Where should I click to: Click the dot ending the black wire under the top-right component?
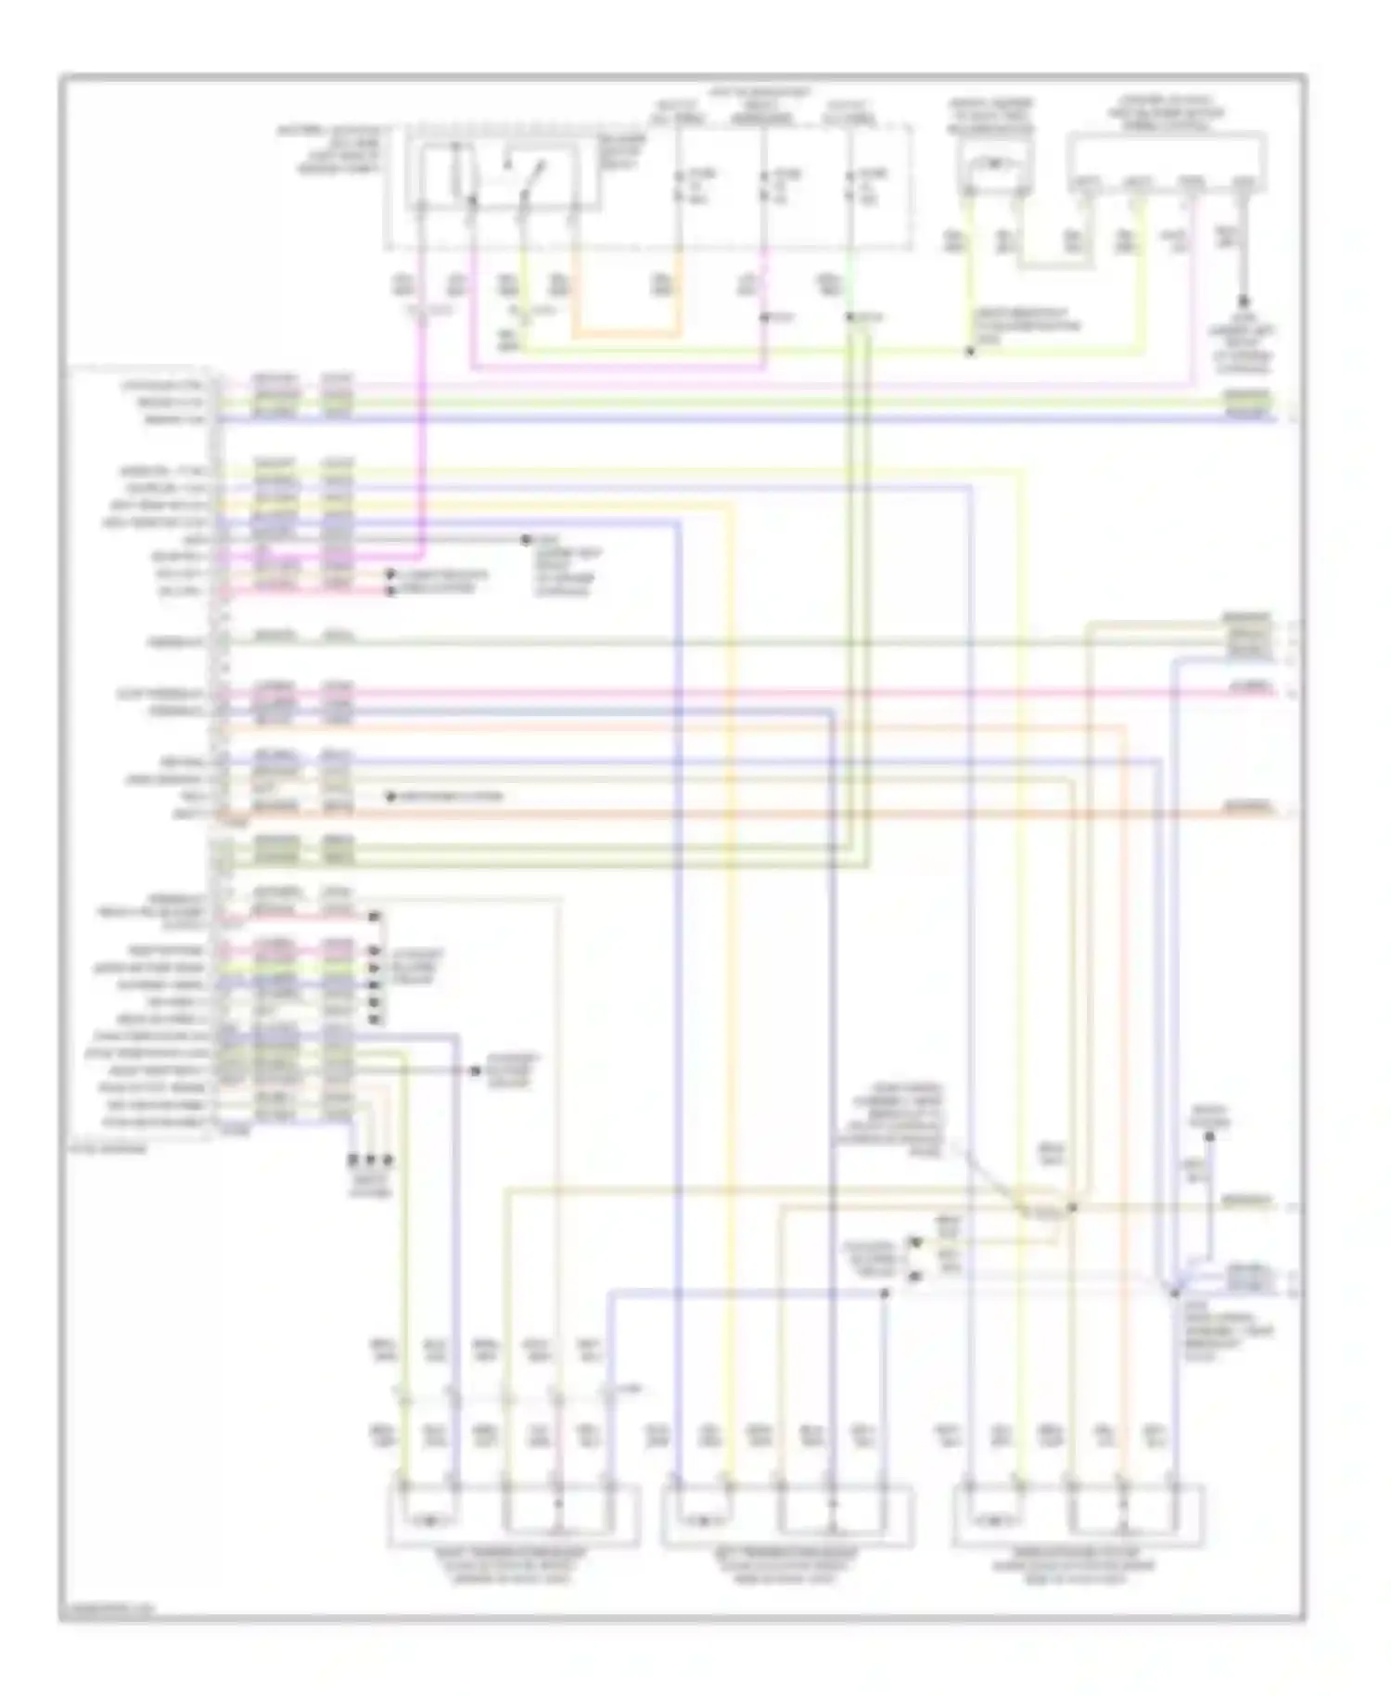pyautogui.click(x=1243, y=302)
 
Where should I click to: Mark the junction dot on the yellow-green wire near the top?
pyautogui.click(x=970, y=352)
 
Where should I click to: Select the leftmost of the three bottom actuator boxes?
pyautogui.click(x=513, y=1514)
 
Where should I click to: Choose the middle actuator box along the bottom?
pyautogui.click(x=786, y=1514)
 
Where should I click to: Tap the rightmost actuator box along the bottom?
pyautogui.click(x=1078, y=1514)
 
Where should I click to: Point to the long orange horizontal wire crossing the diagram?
pyautogui.click(x=742, y=815)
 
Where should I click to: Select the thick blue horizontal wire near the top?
pyautogui.click(x=742, y=419)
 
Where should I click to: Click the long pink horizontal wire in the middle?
pyautogui.click(x=742, y=692)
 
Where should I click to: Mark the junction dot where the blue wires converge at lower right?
pyautogui.click(x=1174, y=1291)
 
